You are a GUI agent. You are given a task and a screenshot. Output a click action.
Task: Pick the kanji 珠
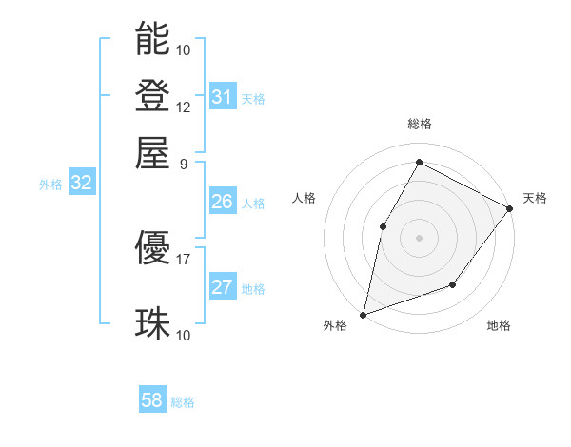152,324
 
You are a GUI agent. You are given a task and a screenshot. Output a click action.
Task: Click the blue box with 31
222,97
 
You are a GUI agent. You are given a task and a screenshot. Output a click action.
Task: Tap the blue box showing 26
222,202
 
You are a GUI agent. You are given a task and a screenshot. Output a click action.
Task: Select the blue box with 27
222,288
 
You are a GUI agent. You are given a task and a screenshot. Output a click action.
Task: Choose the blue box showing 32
82,184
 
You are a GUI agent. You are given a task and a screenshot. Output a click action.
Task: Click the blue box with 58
152,400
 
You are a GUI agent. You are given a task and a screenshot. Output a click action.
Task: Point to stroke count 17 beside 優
184,258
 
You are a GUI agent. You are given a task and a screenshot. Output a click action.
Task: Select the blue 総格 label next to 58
183,402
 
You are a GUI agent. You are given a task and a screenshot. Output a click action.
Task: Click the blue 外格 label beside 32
50,185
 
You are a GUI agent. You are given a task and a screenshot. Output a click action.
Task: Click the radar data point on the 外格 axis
363,314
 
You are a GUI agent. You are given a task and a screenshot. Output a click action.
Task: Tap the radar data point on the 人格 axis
383,226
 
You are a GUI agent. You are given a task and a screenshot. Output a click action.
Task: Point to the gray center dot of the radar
419,238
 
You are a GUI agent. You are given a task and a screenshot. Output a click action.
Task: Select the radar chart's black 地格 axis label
499,326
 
